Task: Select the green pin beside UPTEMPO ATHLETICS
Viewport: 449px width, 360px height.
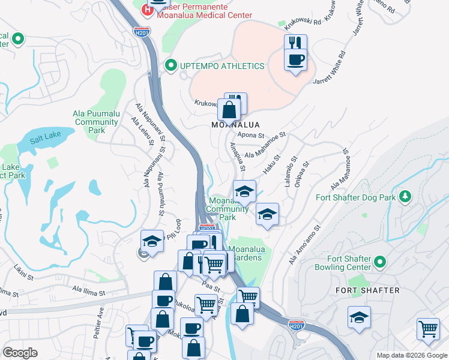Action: coord(170,65)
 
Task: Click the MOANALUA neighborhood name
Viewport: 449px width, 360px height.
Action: coord(235,125)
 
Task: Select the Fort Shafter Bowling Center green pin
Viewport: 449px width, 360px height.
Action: coord(379,262)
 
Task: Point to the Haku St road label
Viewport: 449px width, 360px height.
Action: coord(273,162)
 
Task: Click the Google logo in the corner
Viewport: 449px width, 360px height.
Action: coord(20,353)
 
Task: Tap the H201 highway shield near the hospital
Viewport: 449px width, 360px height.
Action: coord(142,31)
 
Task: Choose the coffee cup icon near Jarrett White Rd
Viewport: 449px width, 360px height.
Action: coord(295,61)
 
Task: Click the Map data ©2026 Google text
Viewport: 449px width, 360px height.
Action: coord(412,355)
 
